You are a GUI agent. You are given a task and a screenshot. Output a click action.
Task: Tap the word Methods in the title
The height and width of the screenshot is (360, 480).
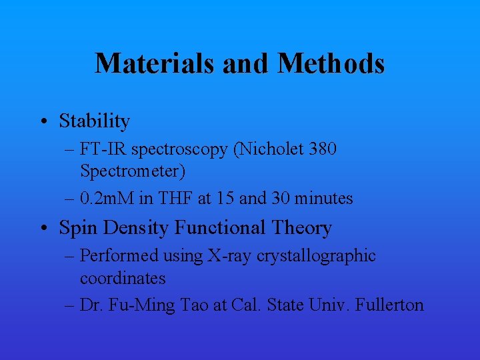(331, 63)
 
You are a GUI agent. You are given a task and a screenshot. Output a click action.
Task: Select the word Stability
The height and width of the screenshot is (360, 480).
(94, 121)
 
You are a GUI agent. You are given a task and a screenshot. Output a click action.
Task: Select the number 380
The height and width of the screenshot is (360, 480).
(323, 149)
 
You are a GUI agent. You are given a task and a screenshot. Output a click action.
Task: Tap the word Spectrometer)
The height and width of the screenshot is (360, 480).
(133, 171)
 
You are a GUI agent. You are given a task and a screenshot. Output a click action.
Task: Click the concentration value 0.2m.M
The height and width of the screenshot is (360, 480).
(107, 198)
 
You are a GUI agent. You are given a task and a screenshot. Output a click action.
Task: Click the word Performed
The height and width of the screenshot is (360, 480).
(119, 256)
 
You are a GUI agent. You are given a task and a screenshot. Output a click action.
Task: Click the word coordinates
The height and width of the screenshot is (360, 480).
(123, 278)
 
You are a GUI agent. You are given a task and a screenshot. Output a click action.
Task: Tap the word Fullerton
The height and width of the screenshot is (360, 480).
(390, 305)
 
